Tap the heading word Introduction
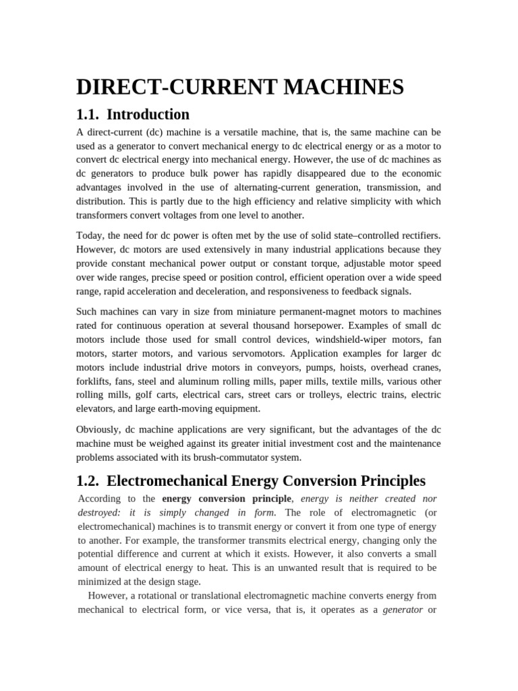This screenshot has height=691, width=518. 148,114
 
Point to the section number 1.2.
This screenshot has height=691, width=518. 88,480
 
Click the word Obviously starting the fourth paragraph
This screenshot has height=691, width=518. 98,429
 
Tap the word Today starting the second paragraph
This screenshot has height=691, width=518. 90,235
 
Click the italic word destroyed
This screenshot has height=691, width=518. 99,512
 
